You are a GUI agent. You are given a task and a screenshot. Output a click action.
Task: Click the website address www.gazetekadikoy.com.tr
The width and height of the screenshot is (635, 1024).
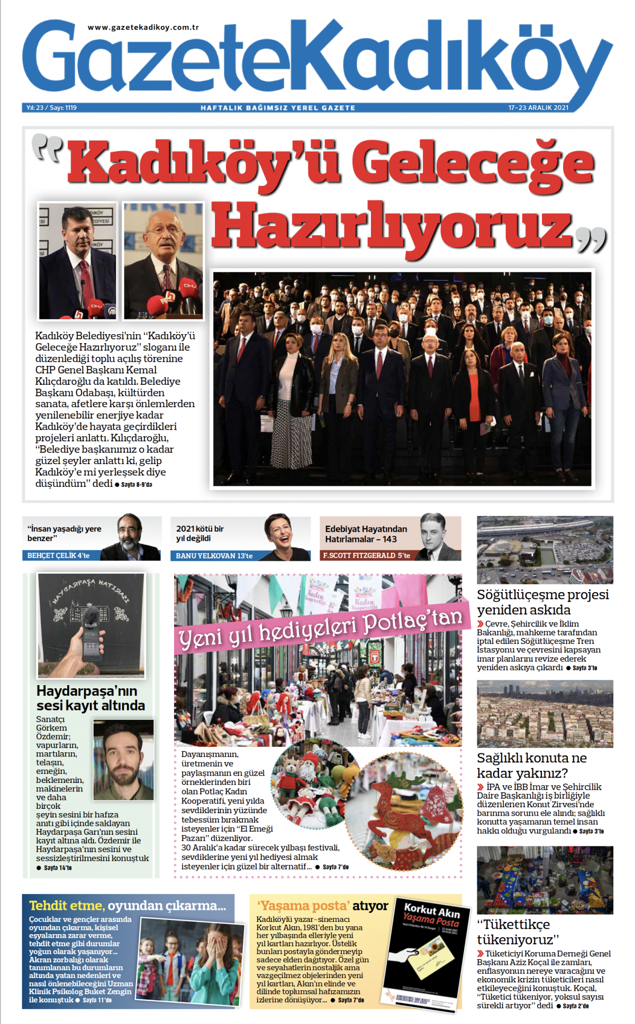click(x=143, y=27)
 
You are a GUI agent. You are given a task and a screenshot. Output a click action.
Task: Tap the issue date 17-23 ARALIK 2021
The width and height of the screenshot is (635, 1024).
click(x=538, y=108)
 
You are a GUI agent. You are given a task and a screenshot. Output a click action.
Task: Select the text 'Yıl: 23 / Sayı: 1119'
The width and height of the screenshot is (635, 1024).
click(x=52, y=108)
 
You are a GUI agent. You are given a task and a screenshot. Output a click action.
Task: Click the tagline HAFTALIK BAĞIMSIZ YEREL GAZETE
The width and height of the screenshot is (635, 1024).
click(x=278, y=108)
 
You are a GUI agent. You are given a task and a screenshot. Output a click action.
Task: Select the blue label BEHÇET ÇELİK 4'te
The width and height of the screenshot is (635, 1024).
click(x=58, y=556)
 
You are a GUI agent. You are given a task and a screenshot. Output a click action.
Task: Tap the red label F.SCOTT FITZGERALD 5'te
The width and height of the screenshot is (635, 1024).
click(x=366, y=556)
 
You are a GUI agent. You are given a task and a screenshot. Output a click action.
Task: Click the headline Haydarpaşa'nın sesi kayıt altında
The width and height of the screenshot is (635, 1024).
click(x=90, y=698)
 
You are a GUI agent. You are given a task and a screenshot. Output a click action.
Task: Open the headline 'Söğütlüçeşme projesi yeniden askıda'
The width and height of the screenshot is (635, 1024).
click(x=542, y=602)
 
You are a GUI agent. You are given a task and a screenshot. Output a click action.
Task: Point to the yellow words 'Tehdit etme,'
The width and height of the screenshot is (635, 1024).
click(x=67, y=906)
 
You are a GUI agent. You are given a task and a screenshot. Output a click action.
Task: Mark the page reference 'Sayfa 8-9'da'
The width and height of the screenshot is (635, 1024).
click(x=137, y=485)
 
